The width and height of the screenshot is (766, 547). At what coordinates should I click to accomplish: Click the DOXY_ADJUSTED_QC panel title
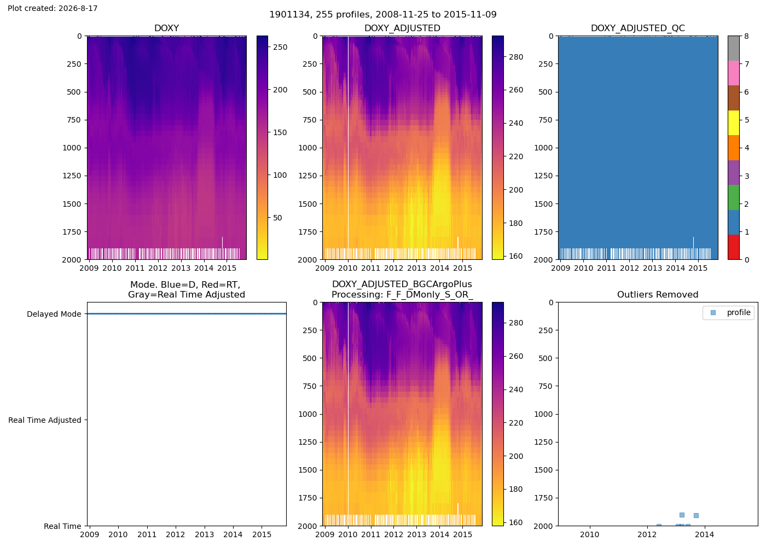[x=638, y=28]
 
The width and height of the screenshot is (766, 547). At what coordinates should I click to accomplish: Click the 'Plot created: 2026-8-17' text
[x=53, y=8]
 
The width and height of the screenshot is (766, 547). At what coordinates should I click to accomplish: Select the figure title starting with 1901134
[x=383, y=14]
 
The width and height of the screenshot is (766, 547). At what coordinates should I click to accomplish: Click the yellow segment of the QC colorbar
[x=734, y=123]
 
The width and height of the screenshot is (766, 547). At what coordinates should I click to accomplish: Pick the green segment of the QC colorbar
[x=734, y=197]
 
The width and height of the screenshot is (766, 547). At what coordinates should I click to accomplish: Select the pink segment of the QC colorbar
[x=734, y=73]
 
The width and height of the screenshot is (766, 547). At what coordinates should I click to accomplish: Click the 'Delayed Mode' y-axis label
[x=54, y=314]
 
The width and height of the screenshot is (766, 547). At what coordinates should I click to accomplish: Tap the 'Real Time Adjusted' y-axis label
[x=45, y=420]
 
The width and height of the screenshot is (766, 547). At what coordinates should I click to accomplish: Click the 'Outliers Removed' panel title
[x=658, y=295]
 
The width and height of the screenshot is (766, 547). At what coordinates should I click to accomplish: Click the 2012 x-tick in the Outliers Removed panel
[x=647, y=534]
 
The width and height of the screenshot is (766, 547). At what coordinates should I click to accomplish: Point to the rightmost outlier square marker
[x=696, y=515]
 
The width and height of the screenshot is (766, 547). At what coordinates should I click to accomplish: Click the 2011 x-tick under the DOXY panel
[x=135, y=268]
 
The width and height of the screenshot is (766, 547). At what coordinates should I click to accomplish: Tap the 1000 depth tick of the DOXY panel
[x=72, y=148]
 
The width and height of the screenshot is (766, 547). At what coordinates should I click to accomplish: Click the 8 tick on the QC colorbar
[x=746, y=36]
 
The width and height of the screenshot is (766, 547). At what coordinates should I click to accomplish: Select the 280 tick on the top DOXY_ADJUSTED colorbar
[x=516, y=57]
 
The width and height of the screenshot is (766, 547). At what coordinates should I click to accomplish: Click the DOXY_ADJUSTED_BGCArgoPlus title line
[x=402, y=284]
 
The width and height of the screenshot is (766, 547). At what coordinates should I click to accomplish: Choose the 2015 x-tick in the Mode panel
[x=262, y=534]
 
